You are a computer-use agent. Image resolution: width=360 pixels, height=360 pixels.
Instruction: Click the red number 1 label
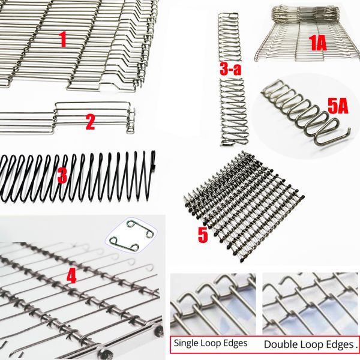click(62, 39)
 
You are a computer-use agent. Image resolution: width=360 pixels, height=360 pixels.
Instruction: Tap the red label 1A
click(318, 43)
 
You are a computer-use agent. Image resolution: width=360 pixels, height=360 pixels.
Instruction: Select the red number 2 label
click(90, 122)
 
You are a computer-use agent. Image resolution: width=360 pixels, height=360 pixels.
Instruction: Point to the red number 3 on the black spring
click(62, 176)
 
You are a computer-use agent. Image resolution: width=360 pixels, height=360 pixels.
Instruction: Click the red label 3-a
click(230, 68)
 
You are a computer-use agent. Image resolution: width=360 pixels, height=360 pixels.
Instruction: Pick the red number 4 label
click(71, 275)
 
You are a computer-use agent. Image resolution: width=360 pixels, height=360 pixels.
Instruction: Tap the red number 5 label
click(203, 235)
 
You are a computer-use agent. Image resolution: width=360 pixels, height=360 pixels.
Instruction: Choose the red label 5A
click(338, 107)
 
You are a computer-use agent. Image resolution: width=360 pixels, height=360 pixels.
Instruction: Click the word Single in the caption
click(186, 343)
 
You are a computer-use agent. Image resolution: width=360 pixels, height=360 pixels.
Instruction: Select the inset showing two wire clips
click(131, 235)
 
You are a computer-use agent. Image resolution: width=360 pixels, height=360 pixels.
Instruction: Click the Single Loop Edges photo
click(213, 304)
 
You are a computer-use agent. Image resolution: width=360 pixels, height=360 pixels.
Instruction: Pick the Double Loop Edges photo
click(310, 304)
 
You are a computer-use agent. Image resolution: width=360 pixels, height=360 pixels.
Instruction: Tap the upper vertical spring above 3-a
click(229, 37)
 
